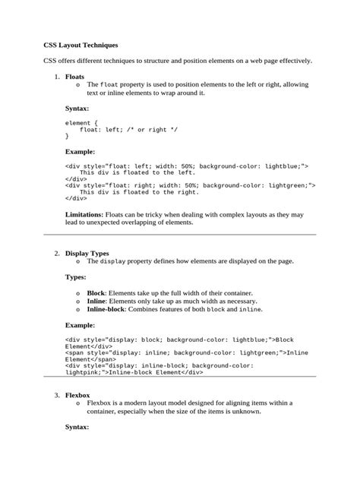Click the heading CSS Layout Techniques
tap(81, 46)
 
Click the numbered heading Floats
tap(74, 77)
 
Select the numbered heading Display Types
tap(87, 253)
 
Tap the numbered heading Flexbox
tap(77, 396)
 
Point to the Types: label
tap(76, 277)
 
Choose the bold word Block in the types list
tap(96, 292)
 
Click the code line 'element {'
tap(82, 122)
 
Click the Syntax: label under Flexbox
tap(77, 427)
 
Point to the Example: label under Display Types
tap(80, 324)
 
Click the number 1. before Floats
tap(56, 77)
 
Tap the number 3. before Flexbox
tap(56, 396)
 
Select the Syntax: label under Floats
tap(77, 109)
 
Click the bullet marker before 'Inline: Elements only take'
tap(79, 302)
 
